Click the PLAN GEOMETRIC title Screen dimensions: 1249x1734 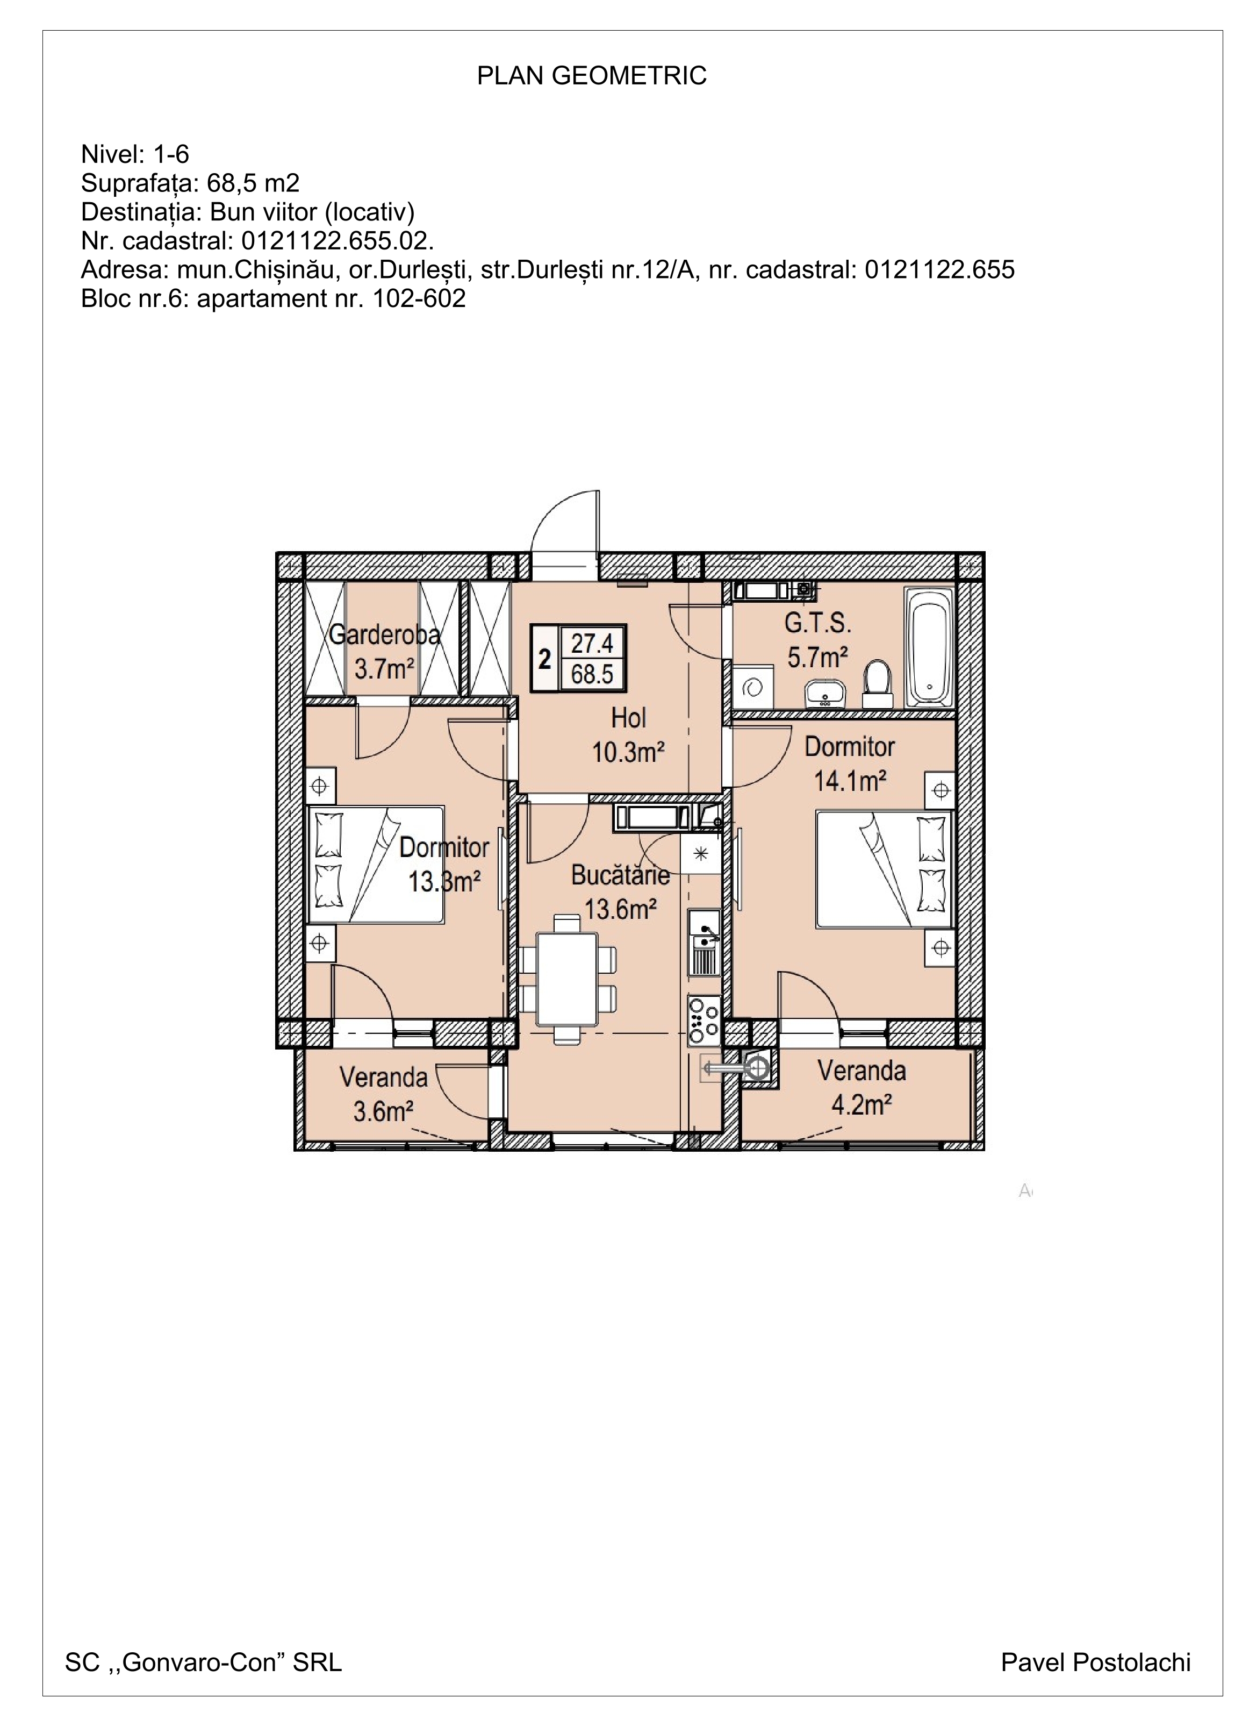coord(592,76)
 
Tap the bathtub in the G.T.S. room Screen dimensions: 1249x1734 coord(929,647)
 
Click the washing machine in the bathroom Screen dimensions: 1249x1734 coord(753,687)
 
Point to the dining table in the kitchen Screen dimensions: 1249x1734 coord(567,979)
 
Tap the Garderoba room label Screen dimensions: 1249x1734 coord(384,634)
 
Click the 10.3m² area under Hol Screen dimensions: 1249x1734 coord(628,752)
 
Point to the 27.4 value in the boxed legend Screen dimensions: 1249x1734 coord(592,643)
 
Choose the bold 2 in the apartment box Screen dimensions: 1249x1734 coord(545,659)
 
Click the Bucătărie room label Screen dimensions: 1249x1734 coord(621,875)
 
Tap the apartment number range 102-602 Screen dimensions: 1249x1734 coord(419,298)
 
